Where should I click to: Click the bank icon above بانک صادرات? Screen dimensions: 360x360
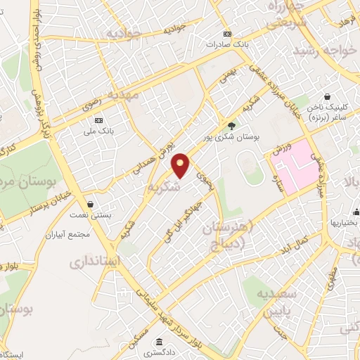pos(226,34)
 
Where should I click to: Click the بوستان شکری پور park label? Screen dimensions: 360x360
pos(232,138)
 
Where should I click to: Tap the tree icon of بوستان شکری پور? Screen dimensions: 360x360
pos(232,126)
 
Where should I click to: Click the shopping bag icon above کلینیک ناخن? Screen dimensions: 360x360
pos(327,97)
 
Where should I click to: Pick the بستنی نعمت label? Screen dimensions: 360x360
pos(112,219)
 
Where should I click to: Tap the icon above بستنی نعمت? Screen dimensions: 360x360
pos(112,208)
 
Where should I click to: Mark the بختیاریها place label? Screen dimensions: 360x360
pos(345,223)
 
